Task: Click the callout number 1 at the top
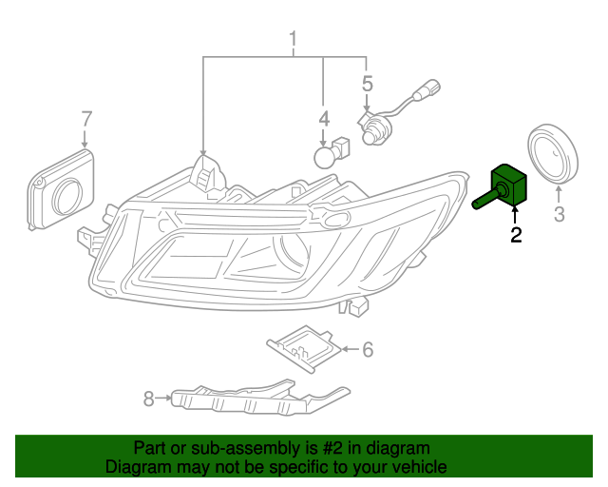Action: pos(294,39)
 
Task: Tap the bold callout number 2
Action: pos(516,235)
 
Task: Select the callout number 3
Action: pos(559,214)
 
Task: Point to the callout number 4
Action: pos(324,119)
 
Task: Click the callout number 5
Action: pos(367,85)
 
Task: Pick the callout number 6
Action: pos(367,349)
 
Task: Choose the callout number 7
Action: pos(86,119)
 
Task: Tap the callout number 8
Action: pos(148,399)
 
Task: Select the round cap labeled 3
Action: pos(552,154)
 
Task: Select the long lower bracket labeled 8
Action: pos(256,397)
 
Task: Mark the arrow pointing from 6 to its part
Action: pos(349,349)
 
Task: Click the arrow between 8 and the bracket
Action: pos(164,398)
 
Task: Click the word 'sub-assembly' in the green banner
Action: pos(218,448)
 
